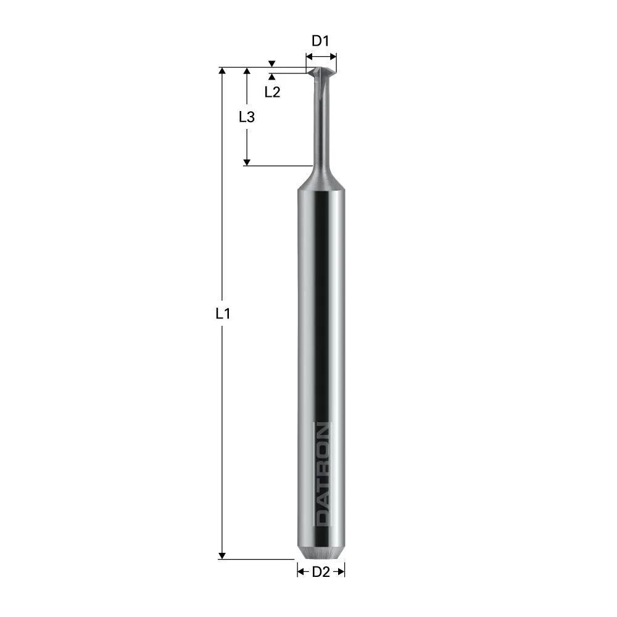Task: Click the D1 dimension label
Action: point(321,41)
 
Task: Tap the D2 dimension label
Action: point(320,572)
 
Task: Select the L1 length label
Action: point(223,313)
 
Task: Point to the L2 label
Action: point(272,93)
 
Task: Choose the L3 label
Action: point(247,117)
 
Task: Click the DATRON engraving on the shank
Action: point(322,474)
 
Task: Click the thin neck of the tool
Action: point(321,123)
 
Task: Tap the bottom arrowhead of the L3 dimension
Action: point(247,162)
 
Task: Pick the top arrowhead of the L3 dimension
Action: point(247,72)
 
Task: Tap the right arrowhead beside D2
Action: point(341,572)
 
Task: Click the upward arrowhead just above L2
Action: point(272,77)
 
